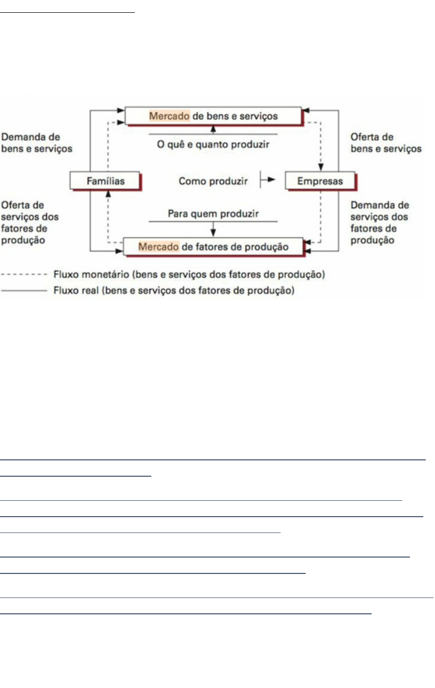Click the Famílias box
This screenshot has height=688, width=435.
(x=105, y=181)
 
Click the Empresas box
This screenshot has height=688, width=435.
(x=320, y=181)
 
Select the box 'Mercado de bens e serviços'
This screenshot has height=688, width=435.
(x=213, y=116)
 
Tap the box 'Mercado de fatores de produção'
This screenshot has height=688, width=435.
(x=213, y=247)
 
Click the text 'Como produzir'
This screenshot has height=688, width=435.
(x=205, y=181)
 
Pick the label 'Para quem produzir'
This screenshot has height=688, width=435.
(x=213, y=213)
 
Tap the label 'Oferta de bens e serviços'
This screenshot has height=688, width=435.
(x=386, y=143)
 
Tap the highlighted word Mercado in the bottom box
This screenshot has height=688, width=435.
(x=159, y=247)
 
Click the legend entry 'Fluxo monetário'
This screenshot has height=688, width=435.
(x=189, y=275)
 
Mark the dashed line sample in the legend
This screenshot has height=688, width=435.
(x=25, y=275)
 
